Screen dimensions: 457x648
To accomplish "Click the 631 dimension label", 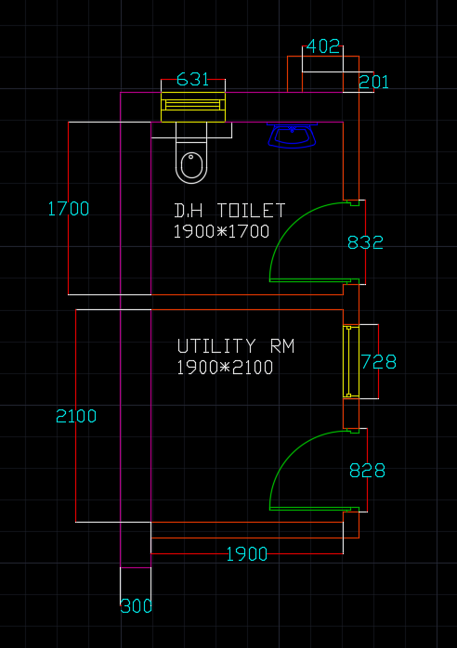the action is click(192, 79).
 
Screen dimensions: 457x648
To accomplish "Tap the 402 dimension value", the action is click(323, 46).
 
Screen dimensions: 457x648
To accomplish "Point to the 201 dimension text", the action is click(373, 82).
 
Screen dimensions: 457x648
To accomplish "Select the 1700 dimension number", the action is click(68, 209).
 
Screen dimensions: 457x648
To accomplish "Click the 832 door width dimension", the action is click(365, 242).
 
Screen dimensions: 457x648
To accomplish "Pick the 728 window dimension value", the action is click(379, 362).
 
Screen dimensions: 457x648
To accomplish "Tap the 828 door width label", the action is click(367, 471).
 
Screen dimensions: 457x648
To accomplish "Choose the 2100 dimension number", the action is click(76, 416).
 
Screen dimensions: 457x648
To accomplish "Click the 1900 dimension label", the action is click(247, 554).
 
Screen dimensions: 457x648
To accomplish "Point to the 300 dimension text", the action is click(136, 606).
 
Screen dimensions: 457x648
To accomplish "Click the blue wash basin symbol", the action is click(292, 136).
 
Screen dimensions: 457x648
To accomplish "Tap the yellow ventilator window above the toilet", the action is click(193, 107).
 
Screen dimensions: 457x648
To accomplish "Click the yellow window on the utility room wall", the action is click(351, 362).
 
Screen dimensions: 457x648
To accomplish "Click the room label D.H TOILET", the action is click(230, 211).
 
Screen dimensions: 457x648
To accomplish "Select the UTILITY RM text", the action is click(236, 346).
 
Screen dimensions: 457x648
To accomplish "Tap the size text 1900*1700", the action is click(221, 231).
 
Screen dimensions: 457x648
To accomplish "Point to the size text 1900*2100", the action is click(225, 368).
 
